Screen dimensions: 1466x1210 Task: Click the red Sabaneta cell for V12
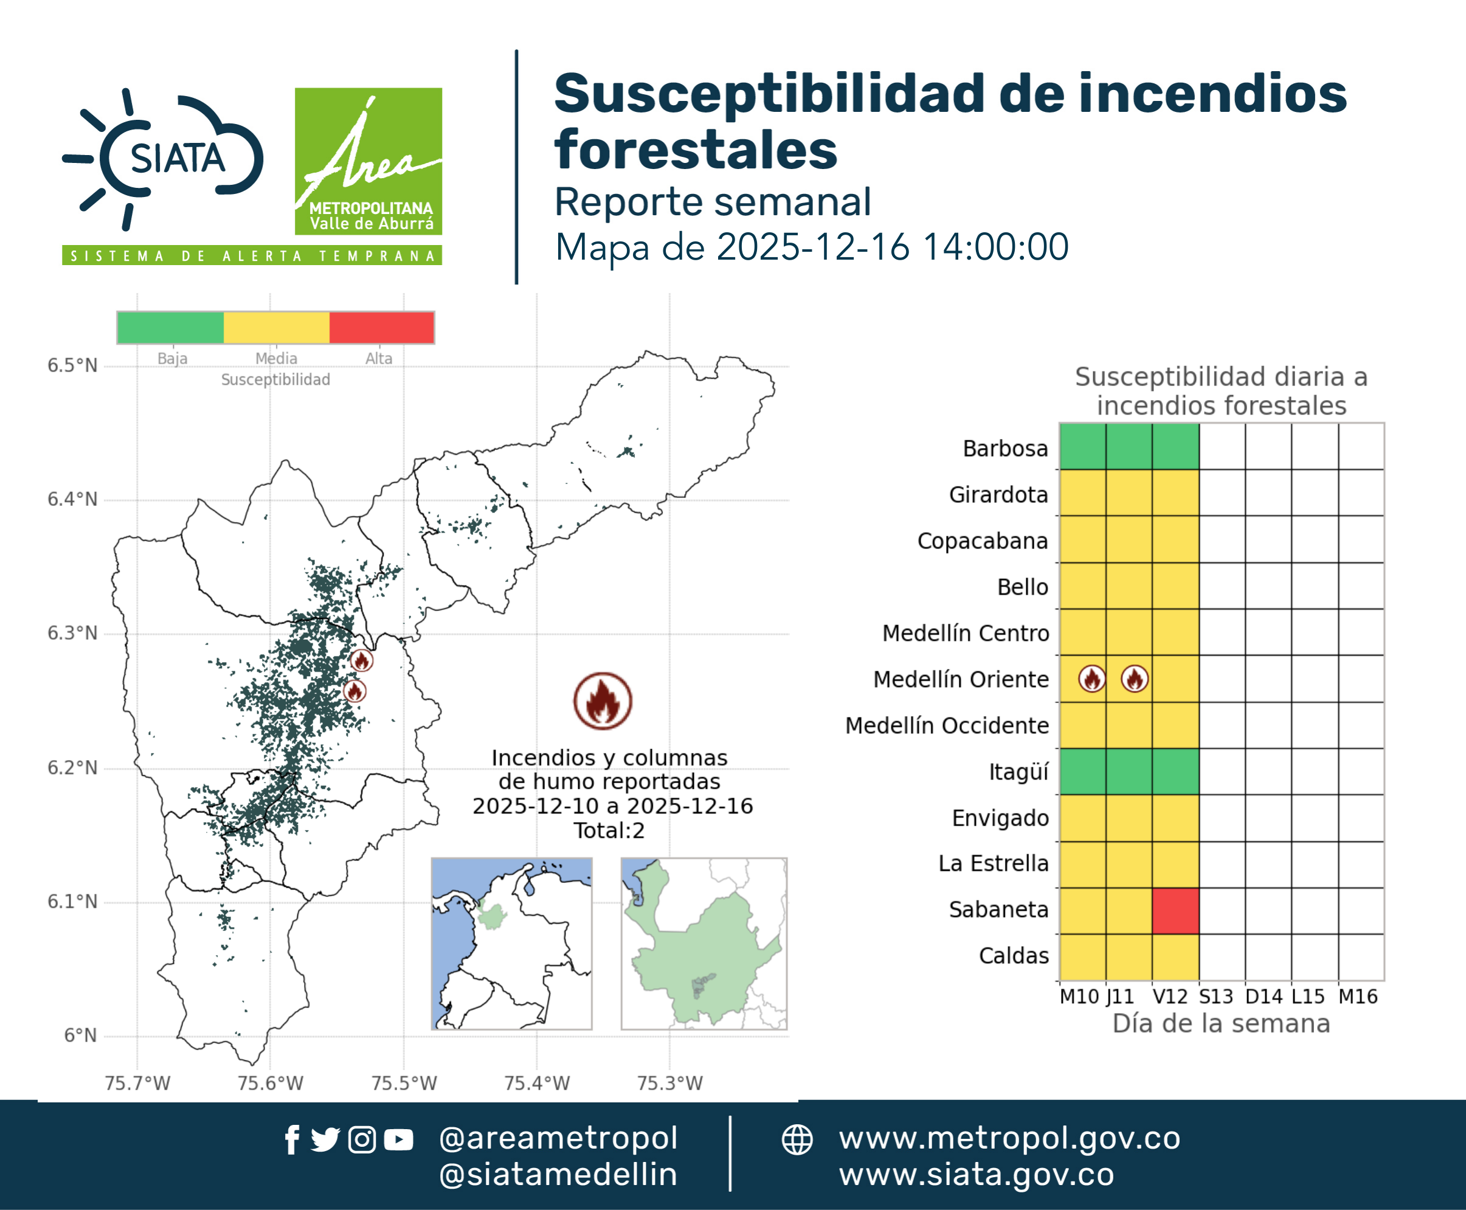(1175, 910)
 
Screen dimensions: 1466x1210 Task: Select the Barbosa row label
(1005, 448)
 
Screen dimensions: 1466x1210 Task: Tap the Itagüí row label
(1018, 772)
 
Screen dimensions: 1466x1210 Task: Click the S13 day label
(1215, 997)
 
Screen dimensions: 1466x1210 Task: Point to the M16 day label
(1358, 997)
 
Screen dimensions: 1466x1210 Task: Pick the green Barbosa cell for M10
(1082, 446)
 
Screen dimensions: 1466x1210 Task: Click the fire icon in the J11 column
(1135, 678)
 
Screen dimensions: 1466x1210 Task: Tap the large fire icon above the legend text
(603, 700)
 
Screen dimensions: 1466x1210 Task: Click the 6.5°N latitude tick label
(72, 365)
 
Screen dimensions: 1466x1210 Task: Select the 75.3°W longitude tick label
(670, 1083)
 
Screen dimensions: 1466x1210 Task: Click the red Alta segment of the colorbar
(381, 328)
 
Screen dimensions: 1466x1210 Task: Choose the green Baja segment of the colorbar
(171, 328)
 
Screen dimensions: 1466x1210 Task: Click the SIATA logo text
(178, 158)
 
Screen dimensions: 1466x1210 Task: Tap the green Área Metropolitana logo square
(368, 161)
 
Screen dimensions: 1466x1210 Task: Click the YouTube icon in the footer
(398, 1139)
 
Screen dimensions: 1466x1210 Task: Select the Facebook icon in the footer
(292, 1139)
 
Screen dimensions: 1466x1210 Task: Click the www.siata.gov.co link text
(976, 1175)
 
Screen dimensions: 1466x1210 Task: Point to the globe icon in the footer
(797, 1139)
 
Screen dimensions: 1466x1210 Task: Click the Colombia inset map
(511, 944)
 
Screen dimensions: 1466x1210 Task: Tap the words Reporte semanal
(713, 201)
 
